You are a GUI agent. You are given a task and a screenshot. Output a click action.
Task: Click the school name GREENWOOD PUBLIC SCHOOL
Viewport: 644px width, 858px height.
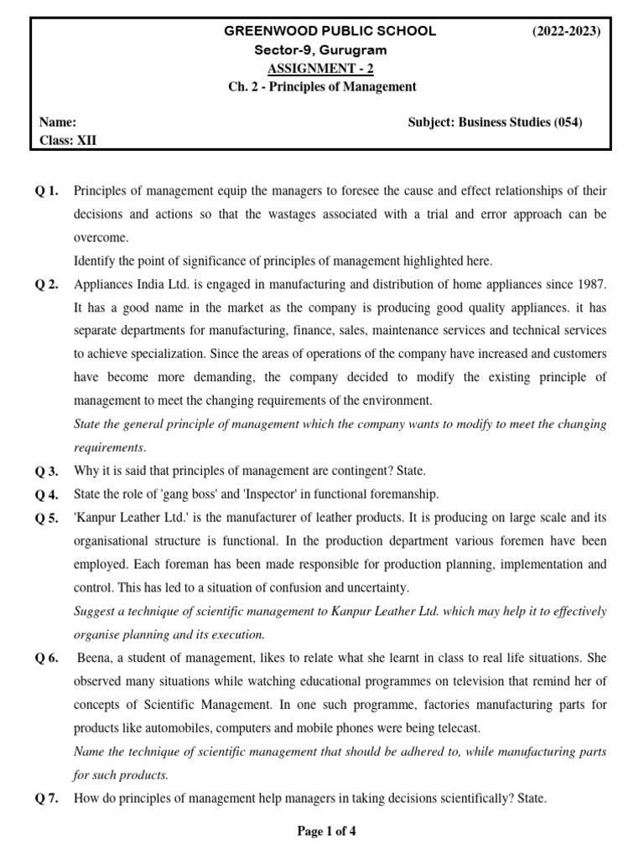coord(329,31)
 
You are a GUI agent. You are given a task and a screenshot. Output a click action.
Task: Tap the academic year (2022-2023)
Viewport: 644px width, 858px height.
coord(567,31)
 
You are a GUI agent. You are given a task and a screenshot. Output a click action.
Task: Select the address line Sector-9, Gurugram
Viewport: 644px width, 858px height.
coord(320,50)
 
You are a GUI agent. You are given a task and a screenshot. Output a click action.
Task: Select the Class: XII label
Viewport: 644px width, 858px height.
coord(68,141)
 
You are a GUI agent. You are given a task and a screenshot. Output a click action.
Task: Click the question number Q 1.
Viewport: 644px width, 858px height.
coord(47,192)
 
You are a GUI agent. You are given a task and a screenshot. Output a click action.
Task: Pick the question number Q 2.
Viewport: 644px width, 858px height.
coord(47,284)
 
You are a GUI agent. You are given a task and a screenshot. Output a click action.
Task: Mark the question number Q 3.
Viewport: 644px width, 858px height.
coord(47,471)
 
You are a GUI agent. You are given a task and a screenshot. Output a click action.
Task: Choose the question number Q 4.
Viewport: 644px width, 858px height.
coord(47,494)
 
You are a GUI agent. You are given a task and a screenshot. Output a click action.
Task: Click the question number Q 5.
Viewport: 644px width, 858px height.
coord(47,518)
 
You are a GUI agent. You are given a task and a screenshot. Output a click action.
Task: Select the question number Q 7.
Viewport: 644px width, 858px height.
coord(47,799)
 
